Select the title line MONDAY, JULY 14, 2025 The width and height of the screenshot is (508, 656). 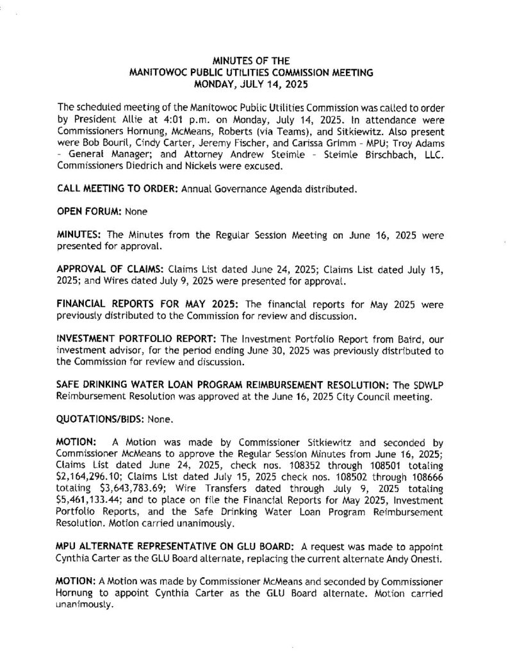click(x=254, y=83)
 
